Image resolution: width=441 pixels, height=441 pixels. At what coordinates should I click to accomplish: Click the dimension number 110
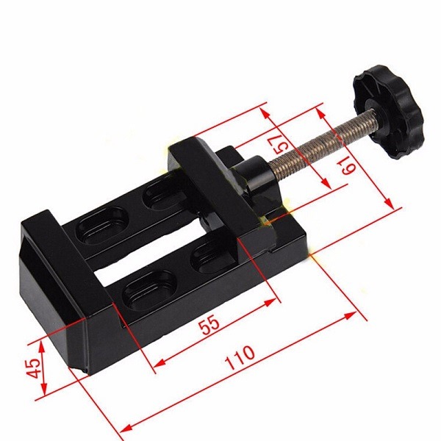(x=240, y=357)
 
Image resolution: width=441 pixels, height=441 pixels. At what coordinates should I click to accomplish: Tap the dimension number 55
(x=209, y=324)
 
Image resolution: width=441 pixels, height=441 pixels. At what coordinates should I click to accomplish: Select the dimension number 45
(x=34, y=368)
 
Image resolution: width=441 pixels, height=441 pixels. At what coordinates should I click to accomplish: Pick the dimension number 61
(x=348, y=165)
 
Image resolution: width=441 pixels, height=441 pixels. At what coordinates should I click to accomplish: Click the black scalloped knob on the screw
(x=388, y=112)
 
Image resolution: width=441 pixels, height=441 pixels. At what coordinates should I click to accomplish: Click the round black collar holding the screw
(x=254, y=176)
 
